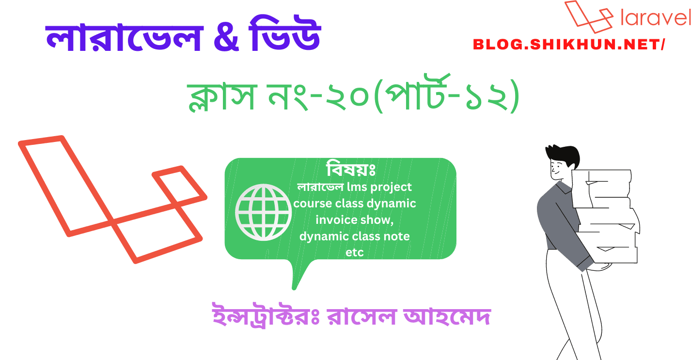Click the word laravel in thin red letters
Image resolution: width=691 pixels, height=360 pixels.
pyautogui.click(x=655, y=18)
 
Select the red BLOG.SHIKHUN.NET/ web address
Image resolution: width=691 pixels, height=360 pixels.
pyautogui.click(x=569, y=45)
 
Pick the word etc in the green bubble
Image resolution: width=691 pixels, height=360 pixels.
pyautogui.click(x=354, y=252)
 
